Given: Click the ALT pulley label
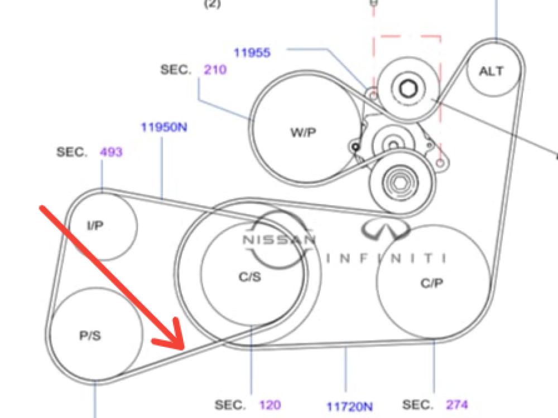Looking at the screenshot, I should click(490, 71).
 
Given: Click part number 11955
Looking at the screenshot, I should click(252, 53).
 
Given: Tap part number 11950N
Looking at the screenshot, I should click(163, 127).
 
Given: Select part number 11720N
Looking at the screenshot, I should click(349, 406).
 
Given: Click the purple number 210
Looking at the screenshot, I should click(215, 70).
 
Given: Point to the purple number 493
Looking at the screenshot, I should click(111, 152).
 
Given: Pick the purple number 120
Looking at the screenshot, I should click(270, 405).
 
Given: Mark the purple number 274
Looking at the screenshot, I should click(456, 405).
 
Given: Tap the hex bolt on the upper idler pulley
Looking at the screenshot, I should click(406, 88).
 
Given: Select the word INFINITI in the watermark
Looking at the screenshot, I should click(386, 258).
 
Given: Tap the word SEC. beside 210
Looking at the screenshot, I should click(176, 70).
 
